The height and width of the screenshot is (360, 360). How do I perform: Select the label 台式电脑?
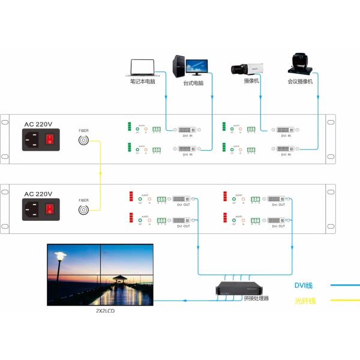[x=194, y=83]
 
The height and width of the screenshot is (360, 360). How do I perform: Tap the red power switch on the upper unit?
[x=50, y=141]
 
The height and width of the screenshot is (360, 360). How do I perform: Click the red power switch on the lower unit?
[x=50, y=209]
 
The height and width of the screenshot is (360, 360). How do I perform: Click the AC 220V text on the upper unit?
[x=38, y=125]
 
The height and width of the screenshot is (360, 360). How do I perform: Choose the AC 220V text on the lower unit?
[x=38, y=194]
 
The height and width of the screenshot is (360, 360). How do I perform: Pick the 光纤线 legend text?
[x=305, y=301]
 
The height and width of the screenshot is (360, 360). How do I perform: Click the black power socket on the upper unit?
[x=32, y=141]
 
